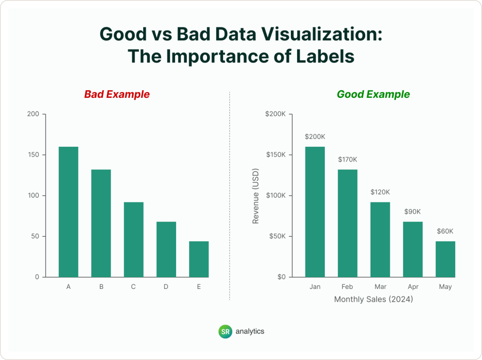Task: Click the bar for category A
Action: [x=68, y=212]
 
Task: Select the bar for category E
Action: [x=199, y=259]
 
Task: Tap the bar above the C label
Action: [x=134, y=240]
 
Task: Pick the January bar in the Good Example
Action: [x=315, y=212]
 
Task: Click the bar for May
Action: [x=445, y=259]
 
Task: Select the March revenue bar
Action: [x=380, y=240]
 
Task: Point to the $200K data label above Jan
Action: [x=315, y=136]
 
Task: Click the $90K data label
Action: [x=413, y=211]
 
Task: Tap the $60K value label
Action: [x=445, y=231]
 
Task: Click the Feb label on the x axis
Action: [x=347, y=287]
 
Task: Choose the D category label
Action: [x=166, y=287]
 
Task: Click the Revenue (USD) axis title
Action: [x=256, y=196]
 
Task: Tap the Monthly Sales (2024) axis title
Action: [x=373, y=299]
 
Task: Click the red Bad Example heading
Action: [x=117, y=94]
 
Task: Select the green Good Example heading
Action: [x=373, y=94]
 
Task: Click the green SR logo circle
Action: [x=225, y=331]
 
